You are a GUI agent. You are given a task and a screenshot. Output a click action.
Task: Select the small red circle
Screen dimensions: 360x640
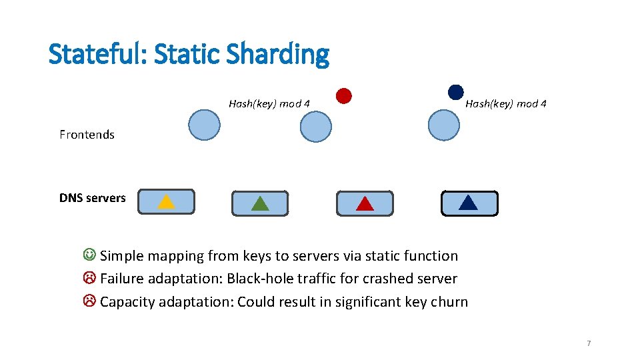pos(343,96)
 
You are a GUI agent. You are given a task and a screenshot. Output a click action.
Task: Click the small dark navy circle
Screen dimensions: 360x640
pos(455,93)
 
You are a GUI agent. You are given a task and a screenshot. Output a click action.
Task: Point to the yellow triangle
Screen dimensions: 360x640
pos(166,201)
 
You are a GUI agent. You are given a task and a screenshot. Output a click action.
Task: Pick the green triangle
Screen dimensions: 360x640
pos(260,203)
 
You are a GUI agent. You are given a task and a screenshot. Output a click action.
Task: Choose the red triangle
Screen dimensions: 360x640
pos(365,203)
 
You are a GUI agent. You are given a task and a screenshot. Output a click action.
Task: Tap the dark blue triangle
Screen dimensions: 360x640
pos(469,203)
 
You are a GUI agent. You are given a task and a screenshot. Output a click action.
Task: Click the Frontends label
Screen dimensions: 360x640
pos(87,135)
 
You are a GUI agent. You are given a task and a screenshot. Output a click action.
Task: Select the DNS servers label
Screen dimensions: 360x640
pos(92,198)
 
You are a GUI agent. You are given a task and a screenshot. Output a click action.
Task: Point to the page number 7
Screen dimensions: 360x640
pos(589,343)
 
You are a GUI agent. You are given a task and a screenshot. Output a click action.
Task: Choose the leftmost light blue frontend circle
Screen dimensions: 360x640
pos(204,125)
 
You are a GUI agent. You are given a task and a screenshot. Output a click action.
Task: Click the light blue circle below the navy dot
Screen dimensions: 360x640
pos(444,125)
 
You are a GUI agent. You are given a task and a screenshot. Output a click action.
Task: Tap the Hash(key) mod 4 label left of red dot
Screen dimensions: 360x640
pos(269,104)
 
